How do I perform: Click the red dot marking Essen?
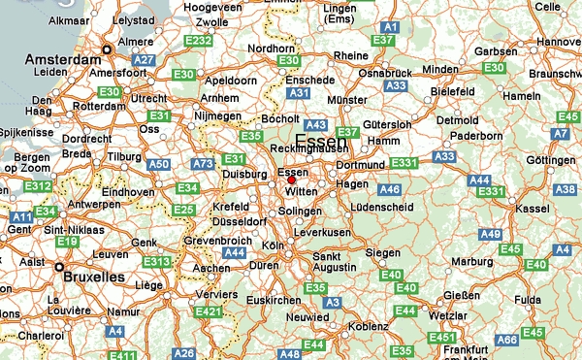tap(291, 180)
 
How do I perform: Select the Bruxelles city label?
tap(92, 277)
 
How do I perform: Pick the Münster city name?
tap(346, 99)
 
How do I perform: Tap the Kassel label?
tap(535, 209)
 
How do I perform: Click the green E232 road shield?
tap(198, 41)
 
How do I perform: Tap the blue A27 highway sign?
tap(145, 60)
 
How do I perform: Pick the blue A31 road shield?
tap(300, 93)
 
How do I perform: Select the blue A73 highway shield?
tap(202, 165)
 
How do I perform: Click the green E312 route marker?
tap(38, 185)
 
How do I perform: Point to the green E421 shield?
tap(209, 311)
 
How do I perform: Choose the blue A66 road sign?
tap(507, 341)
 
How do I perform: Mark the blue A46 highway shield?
tap(389, 189)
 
